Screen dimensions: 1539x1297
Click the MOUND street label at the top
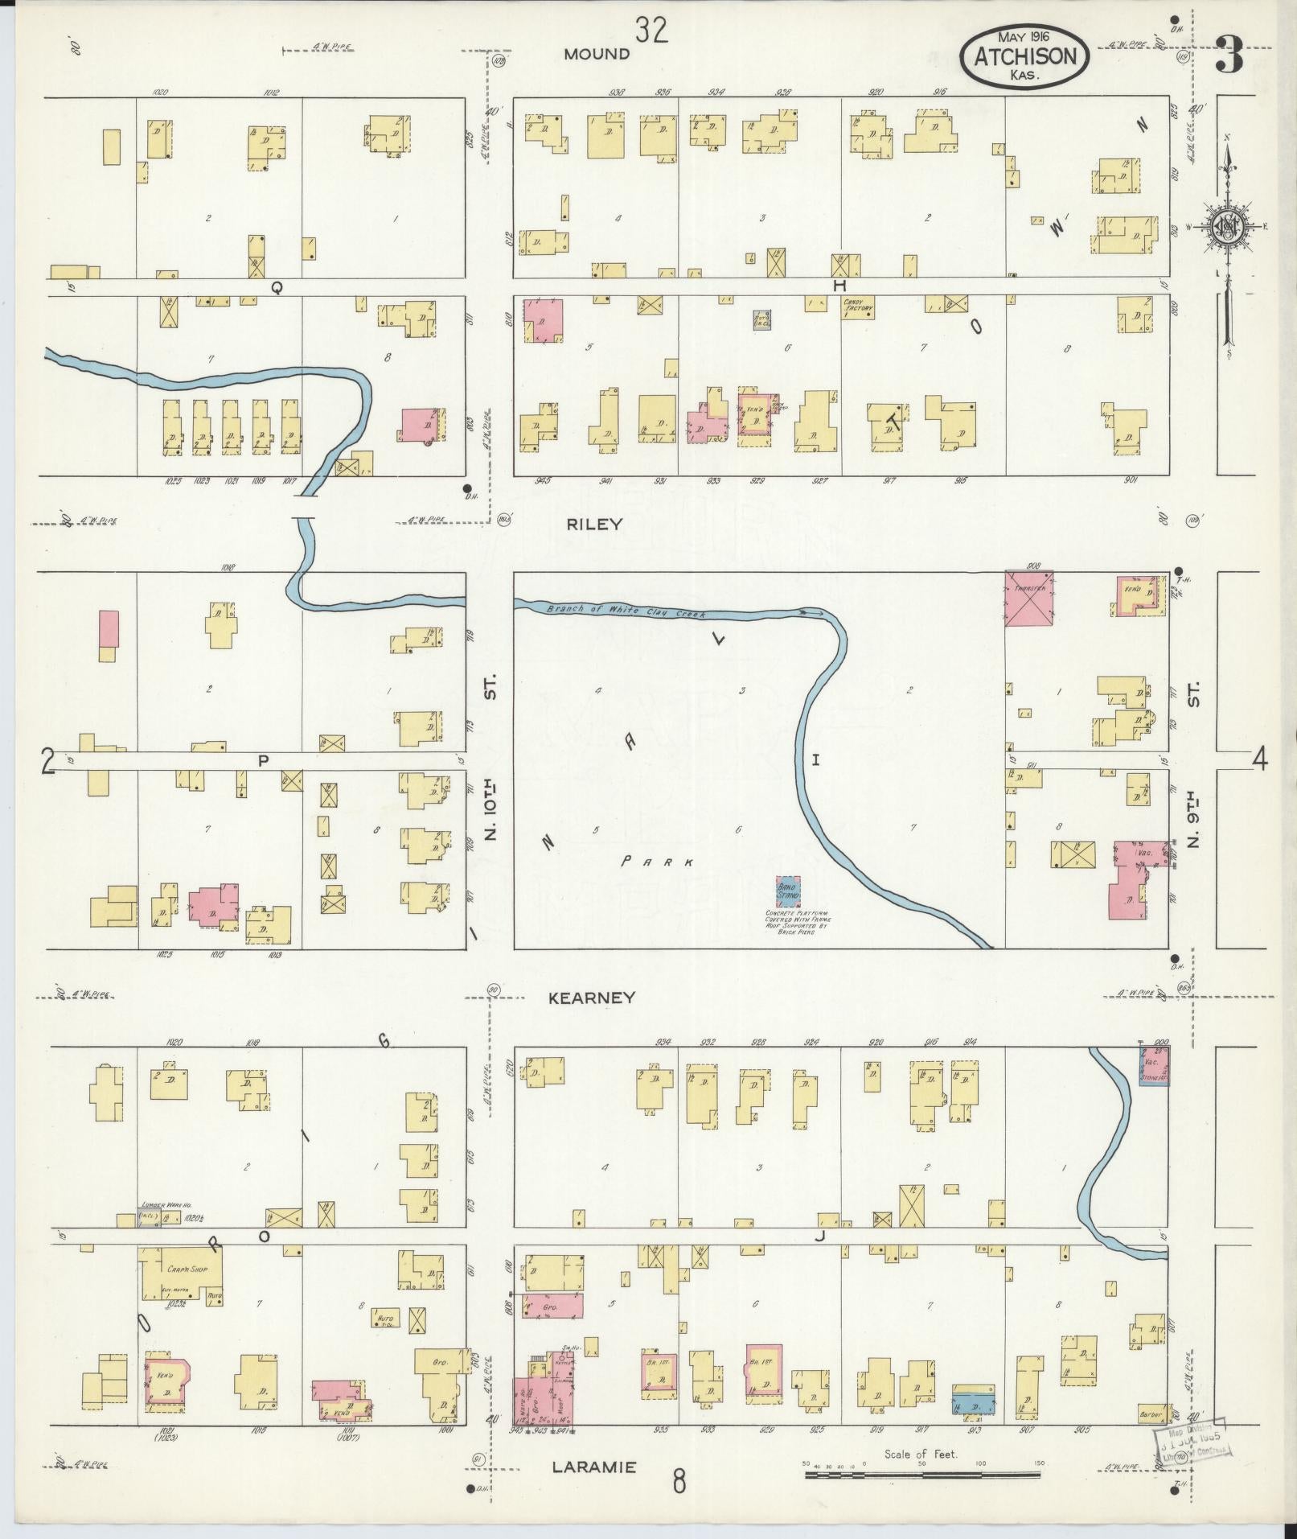[x=596, y=54]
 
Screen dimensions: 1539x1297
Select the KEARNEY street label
[x=592, y=998]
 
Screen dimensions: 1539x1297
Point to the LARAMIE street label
[x=593, y=1467]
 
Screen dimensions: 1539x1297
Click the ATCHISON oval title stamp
[x=1025, y=55]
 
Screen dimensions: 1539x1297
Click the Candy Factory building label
[x=858, y=307]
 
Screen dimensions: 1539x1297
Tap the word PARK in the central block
[x=657, y=862]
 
